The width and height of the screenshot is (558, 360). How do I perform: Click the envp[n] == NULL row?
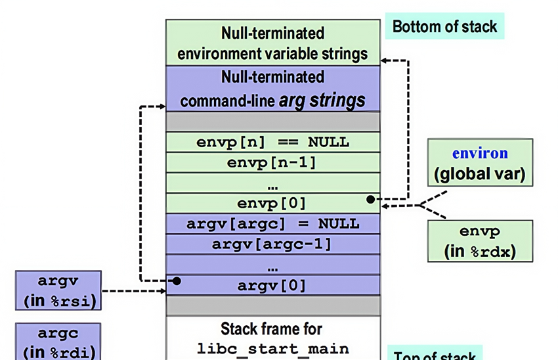(x=272, y=142)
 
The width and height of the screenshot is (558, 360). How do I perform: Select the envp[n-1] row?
(x=272, y=162)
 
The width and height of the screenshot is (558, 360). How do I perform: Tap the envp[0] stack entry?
(x=272, y=202)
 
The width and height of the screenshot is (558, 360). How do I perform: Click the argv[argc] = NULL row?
(x=272, y=223)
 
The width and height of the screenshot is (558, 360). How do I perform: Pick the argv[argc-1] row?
(x=272, y=244)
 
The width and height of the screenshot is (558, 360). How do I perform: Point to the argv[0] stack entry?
(x=272, y=285)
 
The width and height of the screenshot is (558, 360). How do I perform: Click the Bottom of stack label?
(x=444, y=27)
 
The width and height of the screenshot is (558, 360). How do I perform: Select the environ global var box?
(x=480, y=164)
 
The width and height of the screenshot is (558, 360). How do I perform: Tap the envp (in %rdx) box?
(x=480, y=241)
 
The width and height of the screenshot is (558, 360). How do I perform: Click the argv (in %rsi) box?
(x=58, y=290)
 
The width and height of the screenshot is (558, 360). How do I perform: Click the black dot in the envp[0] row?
(x=371, y=199)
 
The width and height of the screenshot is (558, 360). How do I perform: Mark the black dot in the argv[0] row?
(x=177, y=281)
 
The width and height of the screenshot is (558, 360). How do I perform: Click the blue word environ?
(x=480, y=154)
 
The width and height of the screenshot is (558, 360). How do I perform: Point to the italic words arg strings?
(x=322, y=101)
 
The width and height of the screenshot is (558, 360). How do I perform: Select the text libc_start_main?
(x=272, y=348)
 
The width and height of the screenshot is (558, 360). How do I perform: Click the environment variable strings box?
(x=272, y=42)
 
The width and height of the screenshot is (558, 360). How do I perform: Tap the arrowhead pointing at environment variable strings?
(x=385, y=60)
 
